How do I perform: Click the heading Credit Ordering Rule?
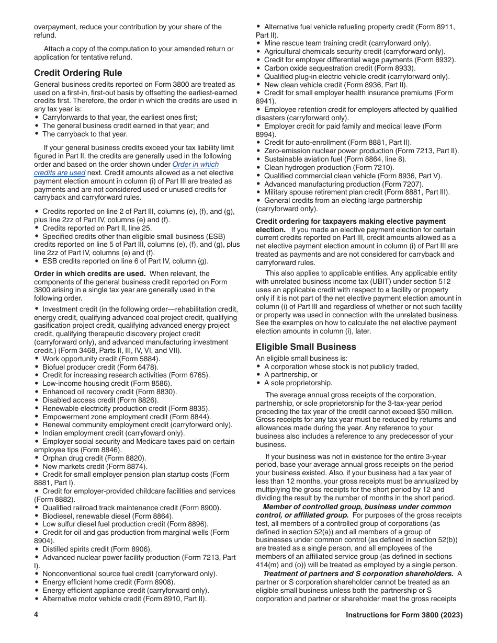click(78, 73)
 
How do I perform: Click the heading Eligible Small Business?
click(306, 347)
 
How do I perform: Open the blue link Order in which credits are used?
click(196, 165)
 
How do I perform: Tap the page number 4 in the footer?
click(36, 615)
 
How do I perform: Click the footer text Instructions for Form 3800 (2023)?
click(404, 615)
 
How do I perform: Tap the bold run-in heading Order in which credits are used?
click(89, 273)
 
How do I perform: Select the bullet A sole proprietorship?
click(298, 383)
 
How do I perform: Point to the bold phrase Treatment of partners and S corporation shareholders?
click(359, 573)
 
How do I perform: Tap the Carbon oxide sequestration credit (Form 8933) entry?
click(340, 68)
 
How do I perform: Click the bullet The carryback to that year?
click(85, 134)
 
